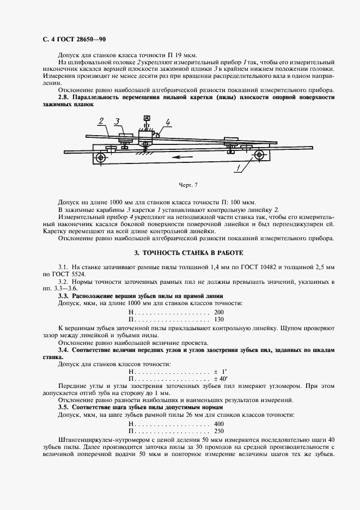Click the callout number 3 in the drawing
pyautogui.click(x=117, y=121)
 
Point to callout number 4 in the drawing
pyautogui.click(x=168, y=122)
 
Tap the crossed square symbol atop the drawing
pyautogui.click(x=145, y=118)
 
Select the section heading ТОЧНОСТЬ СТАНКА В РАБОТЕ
pyautogui.click(x=185, y=253)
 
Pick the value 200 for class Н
pyautogui.click(x=218, y=311)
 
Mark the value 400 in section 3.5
pyautogui.click(x=218, y=423)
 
